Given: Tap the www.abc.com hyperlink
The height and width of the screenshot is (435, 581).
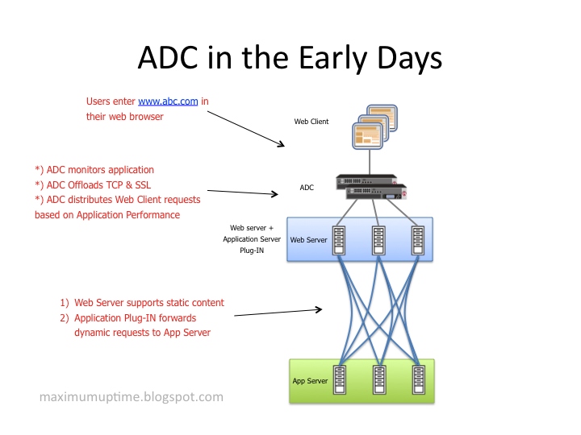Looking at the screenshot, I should [x=168, y=101].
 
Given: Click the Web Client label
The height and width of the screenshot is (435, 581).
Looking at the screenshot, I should [x=311, y=122].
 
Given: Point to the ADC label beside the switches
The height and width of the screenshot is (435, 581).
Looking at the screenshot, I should [x=307, y=188].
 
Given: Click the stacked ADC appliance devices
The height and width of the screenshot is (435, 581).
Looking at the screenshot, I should [x=370, y=188].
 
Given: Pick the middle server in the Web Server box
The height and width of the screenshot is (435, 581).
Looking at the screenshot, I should [x=378, y=239].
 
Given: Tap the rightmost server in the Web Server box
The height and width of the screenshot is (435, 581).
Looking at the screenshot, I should [x=417, y=239].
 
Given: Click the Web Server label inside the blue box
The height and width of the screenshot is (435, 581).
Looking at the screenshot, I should [x=308, y=240].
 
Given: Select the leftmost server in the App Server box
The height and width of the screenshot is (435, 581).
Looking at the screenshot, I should [x=340, y=380].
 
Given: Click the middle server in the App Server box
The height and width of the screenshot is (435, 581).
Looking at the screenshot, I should [x=378, y=380].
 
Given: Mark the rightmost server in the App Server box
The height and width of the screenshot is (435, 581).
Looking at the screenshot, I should [x=417, y=380].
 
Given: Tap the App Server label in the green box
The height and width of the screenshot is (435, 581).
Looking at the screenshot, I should [x=310, y=381].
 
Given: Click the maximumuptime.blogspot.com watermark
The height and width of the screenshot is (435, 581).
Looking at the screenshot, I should [x=132, y=397].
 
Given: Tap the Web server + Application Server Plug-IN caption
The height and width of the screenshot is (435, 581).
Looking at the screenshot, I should [x=253, y=239].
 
